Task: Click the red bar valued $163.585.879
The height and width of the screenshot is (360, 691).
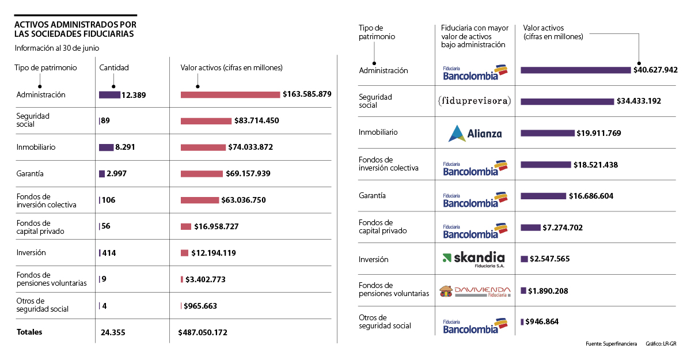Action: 230,94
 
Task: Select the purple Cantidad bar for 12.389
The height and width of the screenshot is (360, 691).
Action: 109,94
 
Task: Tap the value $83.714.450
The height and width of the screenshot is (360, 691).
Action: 264,121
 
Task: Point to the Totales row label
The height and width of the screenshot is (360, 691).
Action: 29,332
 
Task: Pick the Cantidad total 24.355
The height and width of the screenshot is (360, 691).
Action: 113,332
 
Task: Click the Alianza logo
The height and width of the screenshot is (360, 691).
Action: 475,133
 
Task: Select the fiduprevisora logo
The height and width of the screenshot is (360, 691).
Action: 474,101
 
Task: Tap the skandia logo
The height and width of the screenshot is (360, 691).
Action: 473,259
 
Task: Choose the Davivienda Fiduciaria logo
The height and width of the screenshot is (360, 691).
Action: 475,291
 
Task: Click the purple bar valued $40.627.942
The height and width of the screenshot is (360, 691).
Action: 576,70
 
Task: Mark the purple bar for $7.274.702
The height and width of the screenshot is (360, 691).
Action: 530,228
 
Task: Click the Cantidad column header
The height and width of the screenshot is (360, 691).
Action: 114,67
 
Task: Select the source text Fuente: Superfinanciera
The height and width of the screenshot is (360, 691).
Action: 611,344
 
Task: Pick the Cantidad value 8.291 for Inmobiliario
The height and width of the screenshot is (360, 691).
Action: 125,147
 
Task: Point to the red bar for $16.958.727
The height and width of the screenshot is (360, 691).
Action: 186,226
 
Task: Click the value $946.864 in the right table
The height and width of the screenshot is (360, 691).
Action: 542,321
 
